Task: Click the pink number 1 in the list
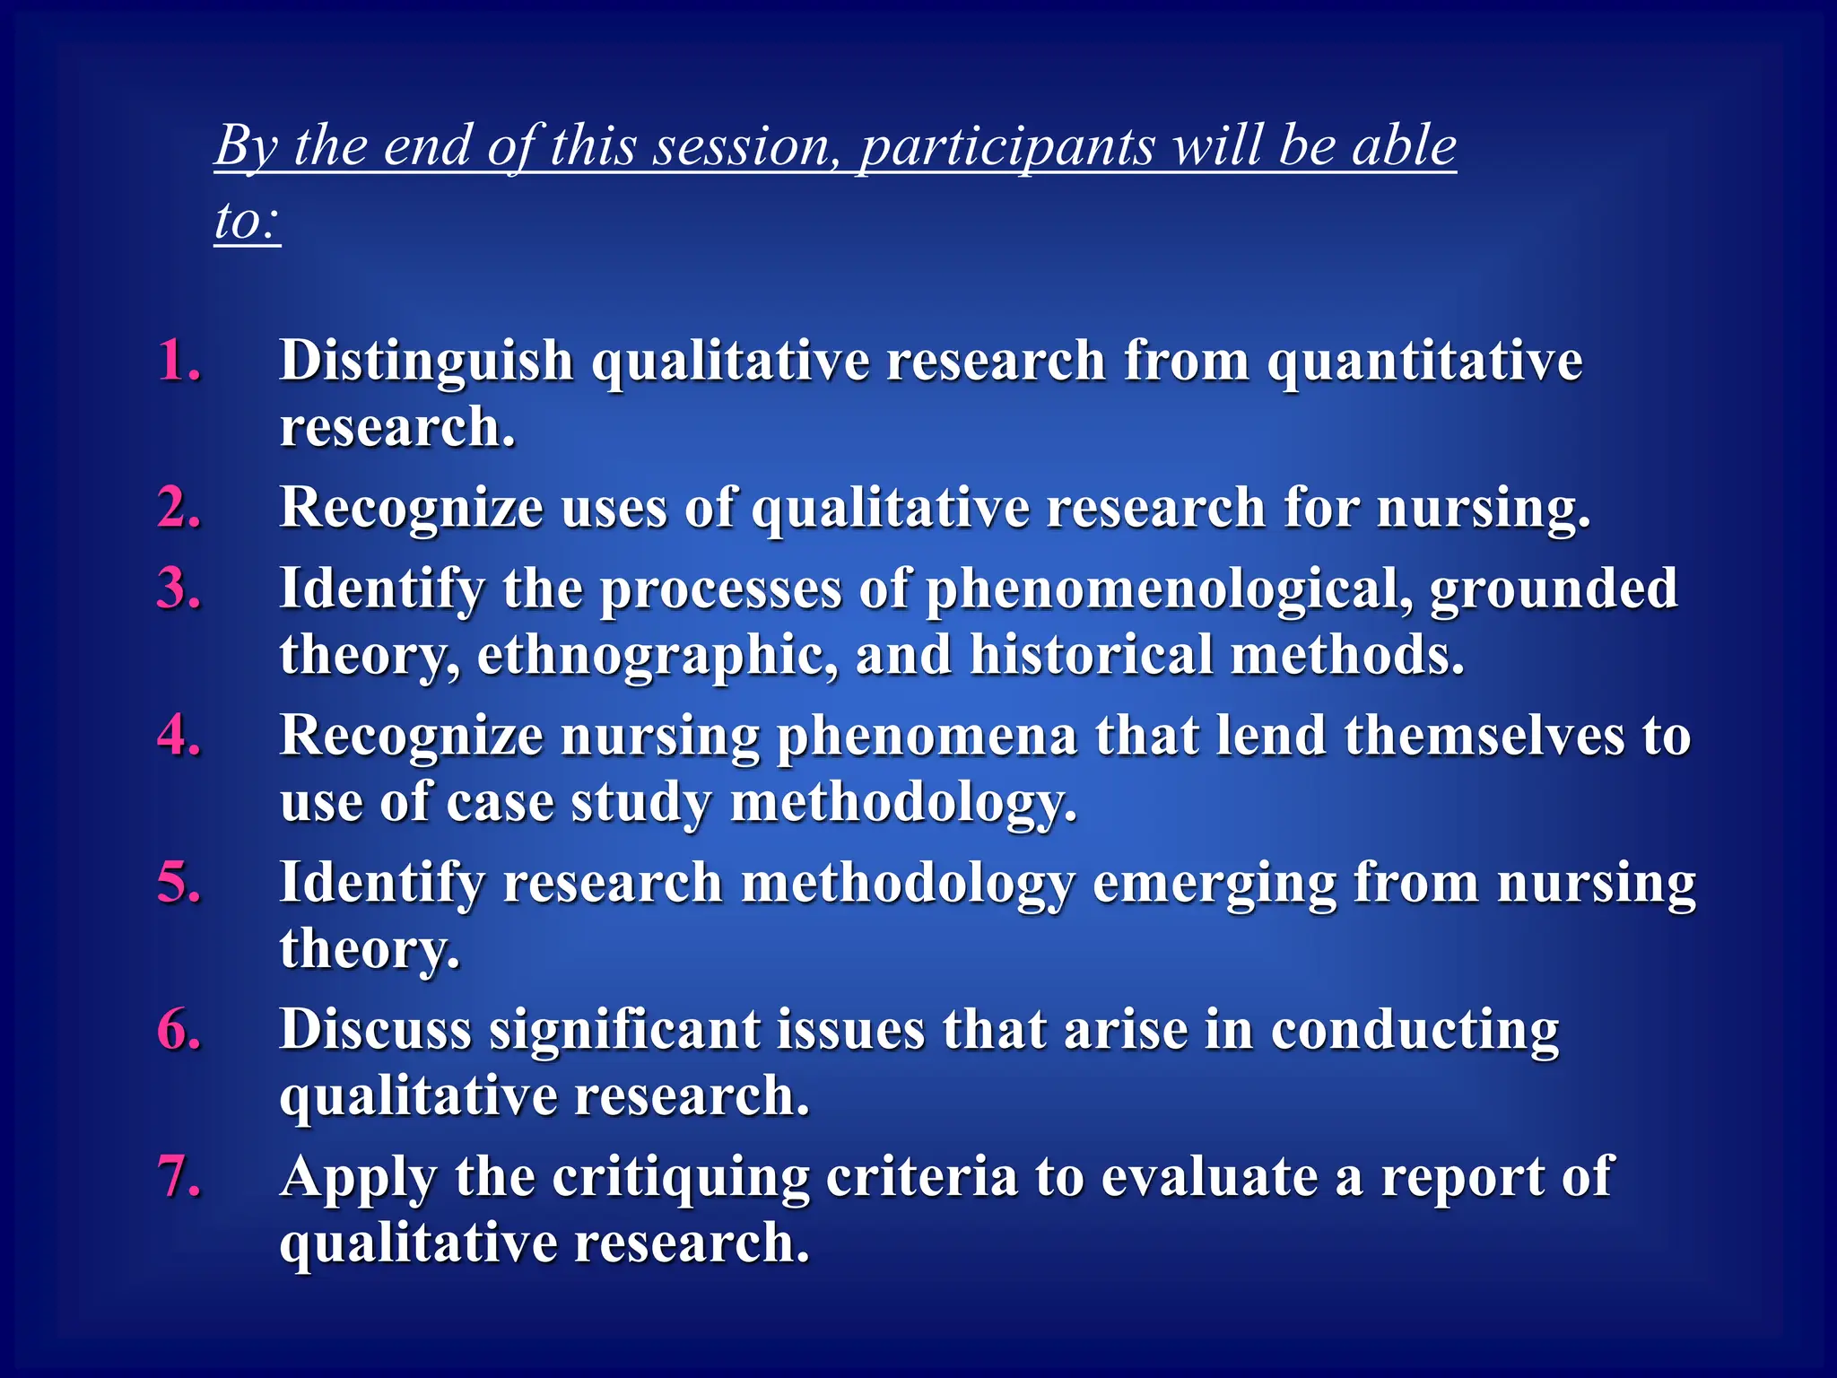coord(178,361)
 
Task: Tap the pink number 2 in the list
coord(178,508)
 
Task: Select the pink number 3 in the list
coord(178,589)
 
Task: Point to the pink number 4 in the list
coord(178,736)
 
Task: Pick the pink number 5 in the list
coord(178,883)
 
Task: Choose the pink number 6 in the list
coord(178,1029)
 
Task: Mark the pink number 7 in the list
coord(178,1176)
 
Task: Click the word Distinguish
coord(426,361)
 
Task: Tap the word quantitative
coord(1424,361)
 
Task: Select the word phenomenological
coord(1169,590)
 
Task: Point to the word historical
coord(1091,654)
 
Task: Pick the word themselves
coord(1484,736)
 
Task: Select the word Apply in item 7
coord(358,1178)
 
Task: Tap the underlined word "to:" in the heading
coord(247,220)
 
